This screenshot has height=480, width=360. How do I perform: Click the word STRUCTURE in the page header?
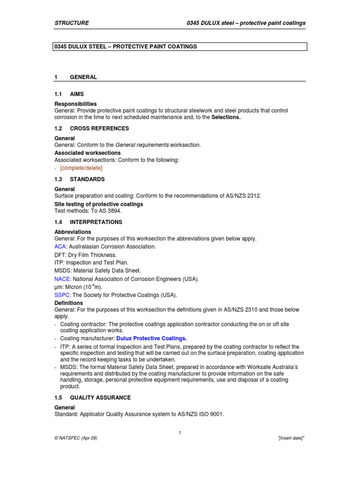point(72,23)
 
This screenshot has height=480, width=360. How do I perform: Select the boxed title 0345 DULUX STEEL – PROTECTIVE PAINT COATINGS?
point(126,47)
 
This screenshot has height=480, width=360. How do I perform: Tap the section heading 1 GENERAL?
point(76,77)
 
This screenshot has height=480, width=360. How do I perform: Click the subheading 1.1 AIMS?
point(69,94)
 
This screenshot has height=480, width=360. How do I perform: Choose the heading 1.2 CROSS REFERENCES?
point(92,128)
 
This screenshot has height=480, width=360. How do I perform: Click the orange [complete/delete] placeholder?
point(81,168)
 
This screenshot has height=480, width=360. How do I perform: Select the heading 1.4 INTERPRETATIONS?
point(89,222)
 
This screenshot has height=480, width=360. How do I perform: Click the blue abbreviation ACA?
point(60,247)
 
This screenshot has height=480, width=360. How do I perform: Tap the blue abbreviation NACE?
point(62,279)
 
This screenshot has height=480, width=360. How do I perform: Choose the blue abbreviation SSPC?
point(62,295)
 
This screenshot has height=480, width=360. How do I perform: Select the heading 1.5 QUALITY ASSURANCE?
point(93,397)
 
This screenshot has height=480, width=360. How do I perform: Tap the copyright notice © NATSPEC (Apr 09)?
point(76,437)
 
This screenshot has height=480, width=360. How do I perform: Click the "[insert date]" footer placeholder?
point(292,437)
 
